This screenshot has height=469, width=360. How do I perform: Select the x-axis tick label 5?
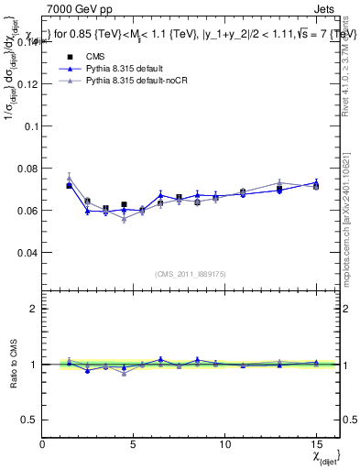point(133,443)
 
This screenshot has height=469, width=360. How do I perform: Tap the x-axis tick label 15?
point(316,443)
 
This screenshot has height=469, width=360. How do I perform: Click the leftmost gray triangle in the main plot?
point(69,178)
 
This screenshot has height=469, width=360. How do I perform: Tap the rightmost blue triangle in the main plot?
point(316,182)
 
